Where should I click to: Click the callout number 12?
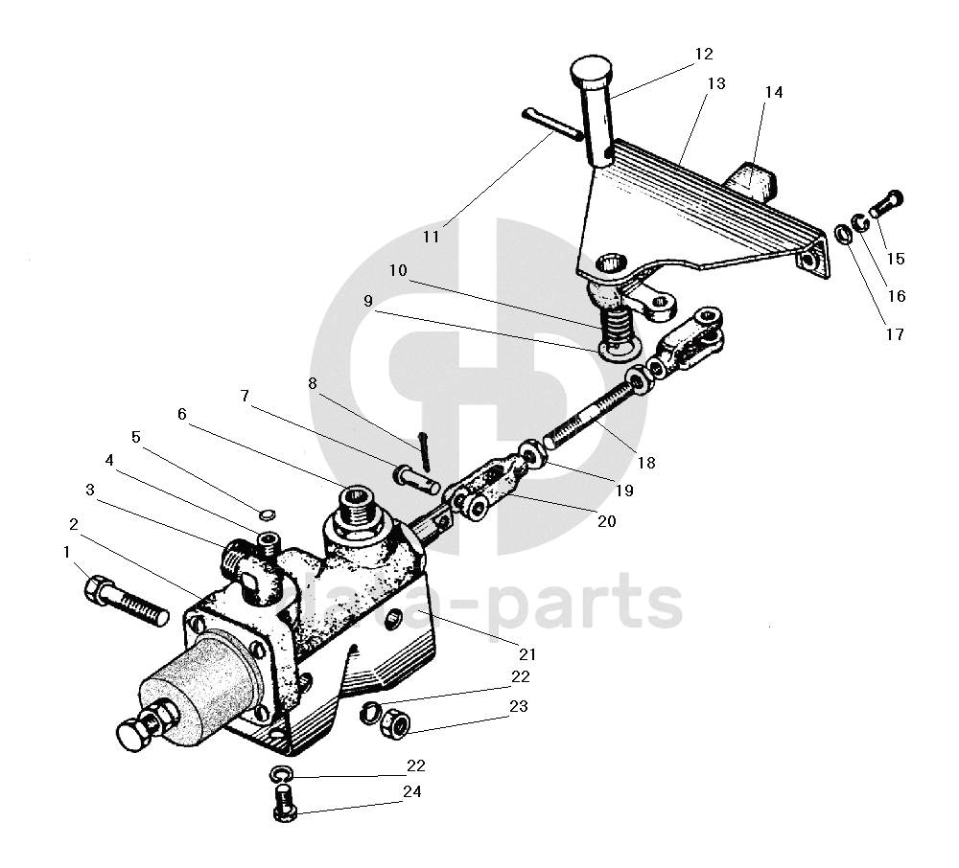(x=705, y=54)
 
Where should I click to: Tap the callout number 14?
(x=773, y=92)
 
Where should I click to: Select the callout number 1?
(x=67, y=553)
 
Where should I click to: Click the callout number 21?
(x=526, y=655)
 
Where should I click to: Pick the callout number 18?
(x=645, y=462)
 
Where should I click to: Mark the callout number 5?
(x=135, y=437)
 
